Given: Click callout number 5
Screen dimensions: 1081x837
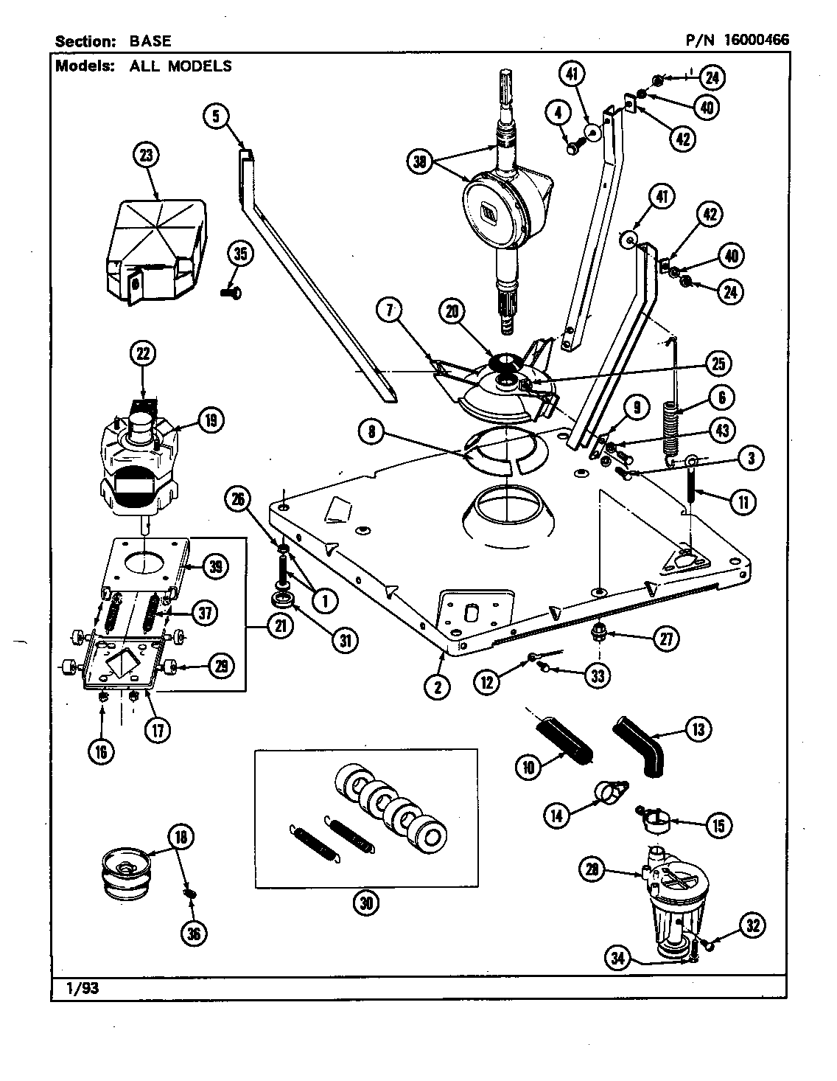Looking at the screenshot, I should (216, 116).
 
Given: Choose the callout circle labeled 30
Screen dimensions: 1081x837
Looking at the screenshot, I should (365, 905).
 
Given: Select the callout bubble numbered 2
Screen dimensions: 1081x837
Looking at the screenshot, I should (437, 687).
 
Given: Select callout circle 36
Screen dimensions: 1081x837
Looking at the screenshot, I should (195, 933).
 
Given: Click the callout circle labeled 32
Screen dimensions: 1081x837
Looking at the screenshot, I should (752, 926).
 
